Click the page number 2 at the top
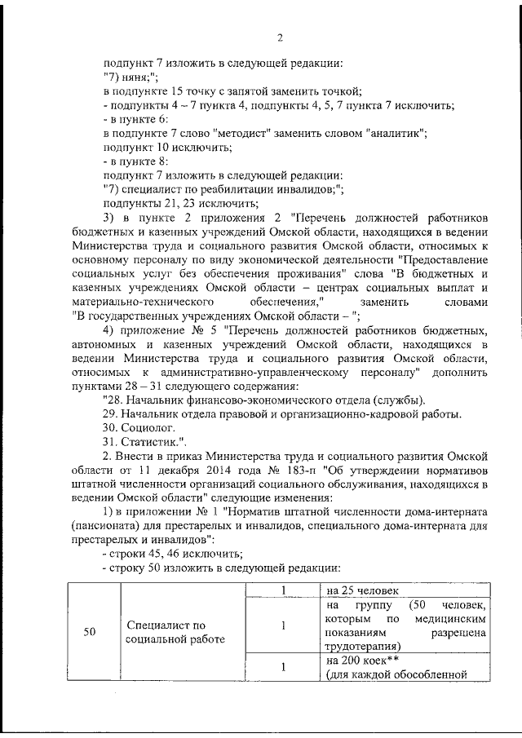point(279,38)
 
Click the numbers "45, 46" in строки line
point(157,554)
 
